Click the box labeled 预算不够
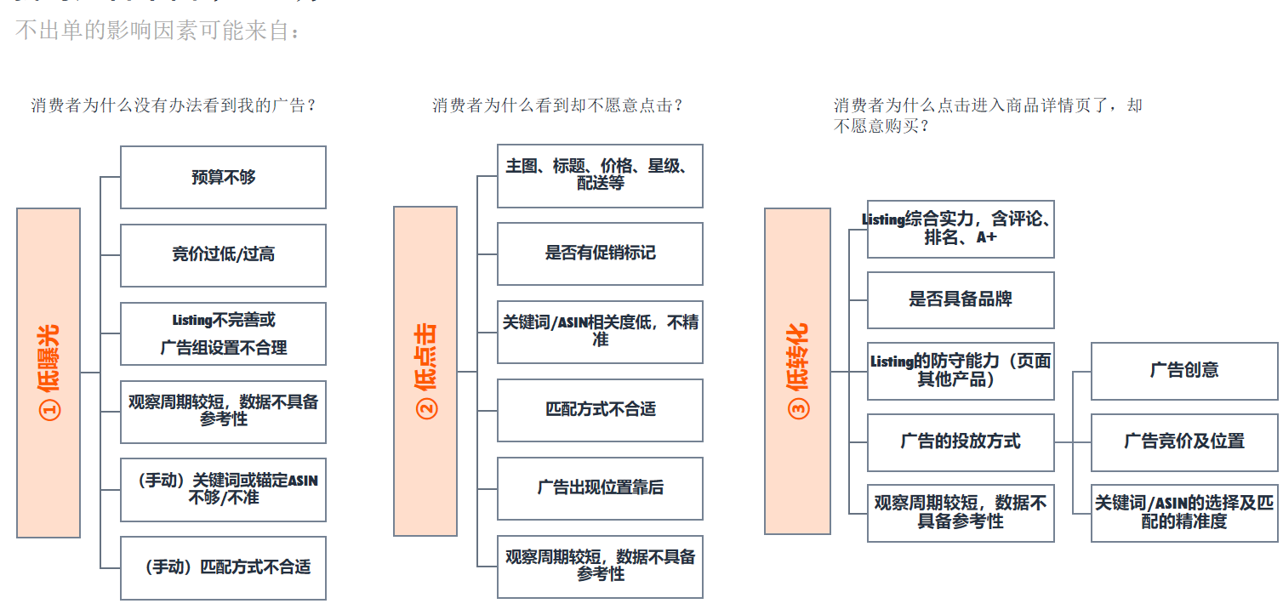(223, 177)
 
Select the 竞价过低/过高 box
(223, 255)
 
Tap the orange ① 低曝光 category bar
(48, 373)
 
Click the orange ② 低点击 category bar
(425, 371)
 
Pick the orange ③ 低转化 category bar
(797, 371)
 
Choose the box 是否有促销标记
(600, 253)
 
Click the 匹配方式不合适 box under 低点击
(600, 410)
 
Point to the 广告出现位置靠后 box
(600, 488)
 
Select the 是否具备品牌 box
(961, 300)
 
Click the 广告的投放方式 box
(961, 442)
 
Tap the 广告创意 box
(1184, 371)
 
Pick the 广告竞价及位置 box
(1184, 442)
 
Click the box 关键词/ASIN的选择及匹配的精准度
(1184, 513)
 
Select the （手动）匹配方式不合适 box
(223, 567)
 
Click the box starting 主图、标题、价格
(600, 175)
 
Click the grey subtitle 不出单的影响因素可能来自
(158, 31)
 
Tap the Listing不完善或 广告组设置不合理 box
(223, 333)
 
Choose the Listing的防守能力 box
(961, 371)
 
